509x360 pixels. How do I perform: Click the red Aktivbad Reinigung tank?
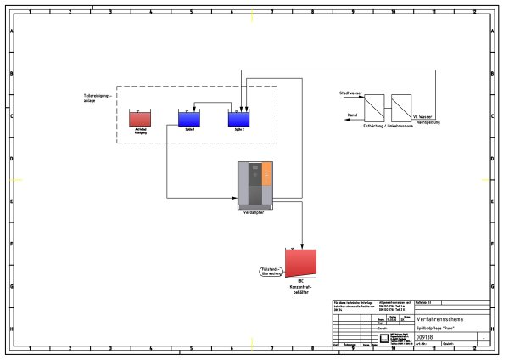[x=139, y=119]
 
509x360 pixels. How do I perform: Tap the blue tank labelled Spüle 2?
[x=238, y=119]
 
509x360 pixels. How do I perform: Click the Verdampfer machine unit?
[x=255, y=185]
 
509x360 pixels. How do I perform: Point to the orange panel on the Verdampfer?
[x=266, y=175]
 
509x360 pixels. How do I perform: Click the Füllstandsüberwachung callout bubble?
[x=269, y=272]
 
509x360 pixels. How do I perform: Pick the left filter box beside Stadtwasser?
[x=374, y=108]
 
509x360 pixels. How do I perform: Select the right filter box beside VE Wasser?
[x=400, y=108]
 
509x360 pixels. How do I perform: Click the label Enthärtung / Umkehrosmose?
[x=386, y=125]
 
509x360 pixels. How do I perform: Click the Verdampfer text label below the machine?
[x=253, y=212]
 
